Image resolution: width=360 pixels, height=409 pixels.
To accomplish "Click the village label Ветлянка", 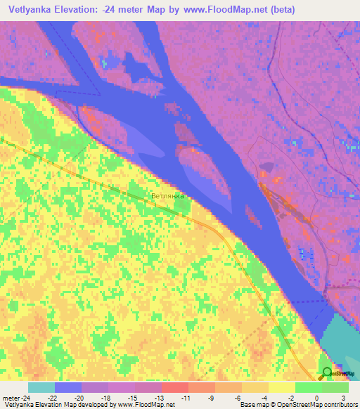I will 167,196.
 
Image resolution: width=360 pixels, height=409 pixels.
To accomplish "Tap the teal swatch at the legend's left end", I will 41,387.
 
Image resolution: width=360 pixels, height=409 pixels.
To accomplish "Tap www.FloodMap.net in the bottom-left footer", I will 146,405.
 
